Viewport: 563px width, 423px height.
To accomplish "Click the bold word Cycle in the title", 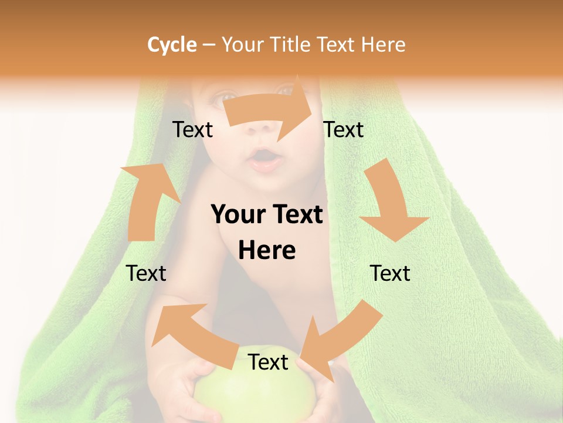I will click(x=172, y=45).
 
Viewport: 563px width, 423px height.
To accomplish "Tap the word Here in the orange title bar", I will click(x=383, y=45).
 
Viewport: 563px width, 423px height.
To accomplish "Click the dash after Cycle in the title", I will click(x=209, y=45).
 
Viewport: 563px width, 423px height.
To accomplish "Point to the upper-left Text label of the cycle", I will click(x=192, y=129).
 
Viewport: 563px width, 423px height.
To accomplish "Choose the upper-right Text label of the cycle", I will click(x=344, y=129).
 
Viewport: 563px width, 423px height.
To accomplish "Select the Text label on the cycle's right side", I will click(x=390, y=273).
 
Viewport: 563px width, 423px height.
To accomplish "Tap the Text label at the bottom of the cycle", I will click(x=268, y=362).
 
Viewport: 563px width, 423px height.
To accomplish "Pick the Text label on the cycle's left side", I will click(x=146, y=273).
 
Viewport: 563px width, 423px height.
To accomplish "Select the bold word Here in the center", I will click(x=267, y=251).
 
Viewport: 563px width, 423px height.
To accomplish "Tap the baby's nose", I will click(x=264, y=130).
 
